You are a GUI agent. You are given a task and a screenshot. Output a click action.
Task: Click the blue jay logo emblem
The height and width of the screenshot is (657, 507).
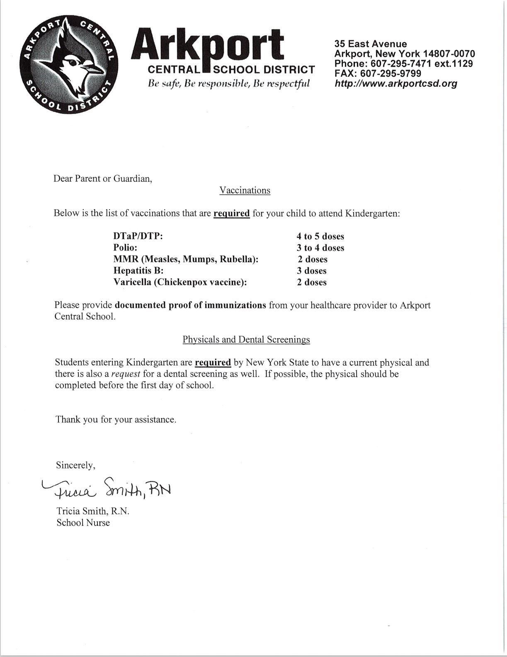(x=69, y=65)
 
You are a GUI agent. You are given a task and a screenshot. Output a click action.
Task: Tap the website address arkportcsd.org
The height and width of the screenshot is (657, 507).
(x=396, y=84)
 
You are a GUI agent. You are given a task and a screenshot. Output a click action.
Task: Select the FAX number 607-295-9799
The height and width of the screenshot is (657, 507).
(x=378, y=74)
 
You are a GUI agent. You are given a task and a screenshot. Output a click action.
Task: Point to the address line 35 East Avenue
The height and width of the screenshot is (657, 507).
(x=371, y=44)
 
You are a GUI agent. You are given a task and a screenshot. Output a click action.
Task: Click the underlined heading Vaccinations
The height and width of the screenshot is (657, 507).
(x=245, y=191)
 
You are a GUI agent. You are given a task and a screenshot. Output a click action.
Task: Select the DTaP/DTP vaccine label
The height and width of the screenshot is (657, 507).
(x=138, y=237)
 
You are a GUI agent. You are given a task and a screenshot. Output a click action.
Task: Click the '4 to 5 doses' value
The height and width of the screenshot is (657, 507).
(x=320, y=237)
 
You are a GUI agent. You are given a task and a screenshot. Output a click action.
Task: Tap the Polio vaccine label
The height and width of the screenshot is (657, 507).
(x=125, y=248)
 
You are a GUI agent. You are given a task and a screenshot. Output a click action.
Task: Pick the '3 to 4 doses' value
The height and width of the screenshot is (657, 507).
(x=320, y=248)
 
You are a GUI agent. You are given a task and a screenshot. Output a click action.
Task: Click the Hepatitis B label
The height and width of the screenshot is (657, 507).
(x=138, y=271)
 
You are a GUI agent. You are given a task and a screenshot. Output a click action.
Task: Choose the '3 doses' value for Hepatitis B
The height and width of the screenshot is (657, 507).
(x=311, y=271)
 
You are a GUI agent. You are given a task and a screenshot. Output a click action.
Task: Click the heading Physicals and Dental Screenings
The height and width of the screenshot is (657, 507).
(x=246, y=340)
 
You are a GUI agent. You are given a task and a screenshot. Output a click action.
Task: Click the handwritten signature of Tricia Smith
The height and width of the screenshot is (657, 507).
(x=107, y=489)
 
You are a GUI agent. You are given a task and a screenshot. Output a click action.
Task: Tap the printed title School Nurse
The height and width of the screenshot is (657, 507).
(x=83, y=523)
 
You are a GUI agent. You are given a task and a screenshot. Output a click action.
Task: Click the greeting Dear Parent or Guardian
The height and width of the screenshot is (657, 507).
(x=103, y=179)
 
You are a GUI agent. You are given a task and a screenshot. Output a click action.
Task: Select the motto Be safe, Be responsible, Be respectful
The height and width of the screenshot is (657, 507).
(x=229, y=84)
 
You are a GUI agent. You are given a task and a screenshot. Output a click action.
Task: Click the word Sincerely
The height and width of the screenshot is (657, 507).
(x=75, y=465)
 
